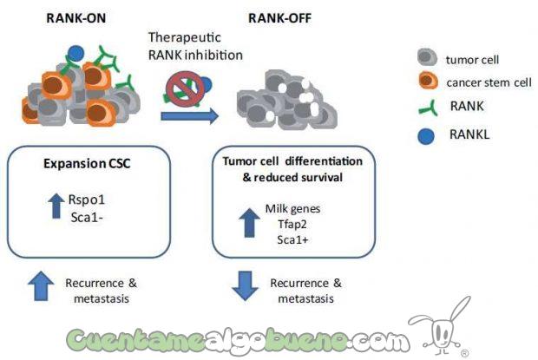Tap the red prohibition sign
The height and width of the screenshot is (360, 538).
(185, 85)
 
